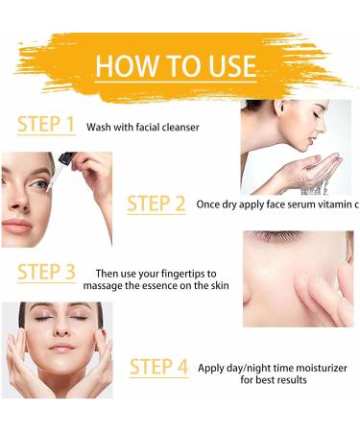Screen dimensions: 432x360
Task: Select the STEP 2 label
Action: point(156,204)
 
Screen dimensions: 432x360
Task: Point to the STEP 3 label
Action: point(46,272)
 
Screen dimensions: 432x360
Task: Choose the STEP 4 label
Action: point(157,366)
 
